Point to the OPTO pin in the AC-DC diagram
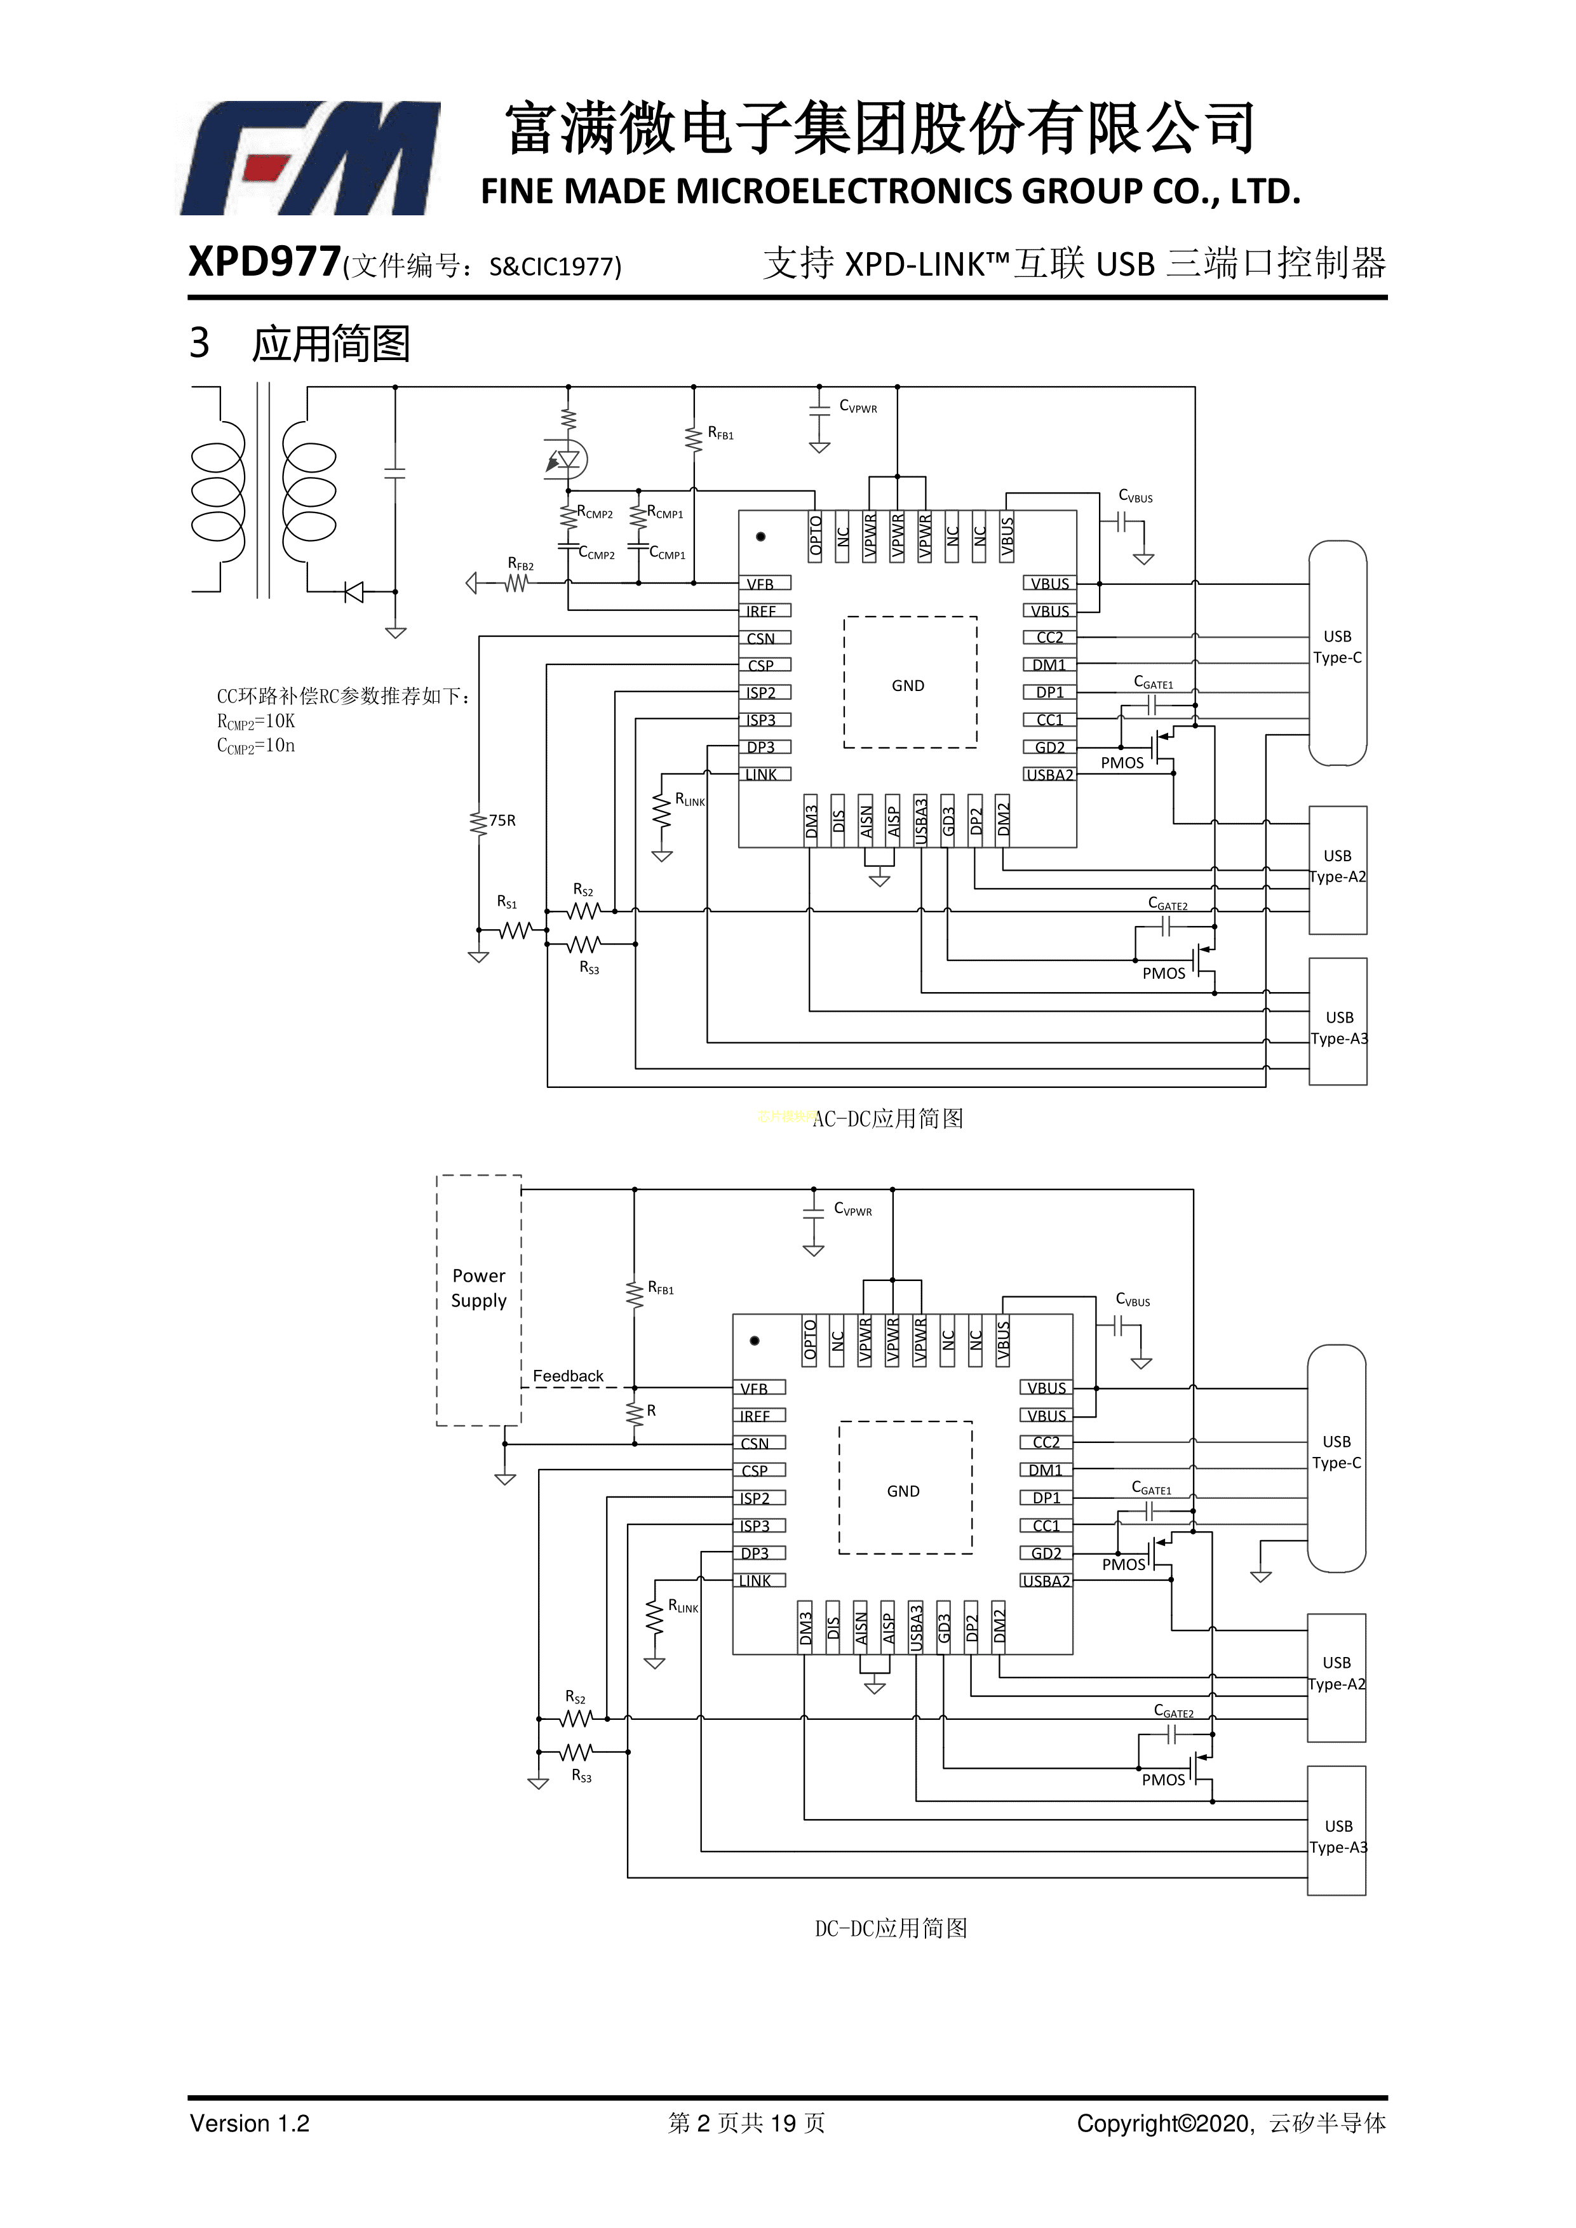click(x=815, y=537)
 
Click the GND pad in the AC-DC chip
click(x=909, y=685)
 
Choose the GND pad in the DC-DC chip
click(x=903, y=1491)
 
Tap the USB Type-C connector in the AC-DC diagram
click(x=1337, y=652)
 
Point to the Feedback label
click(x=568, y=1376)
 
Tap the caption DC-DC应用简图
click(x=891, y=1928)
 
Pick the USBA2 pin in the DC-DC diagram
click(x=1046, y=1581)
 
